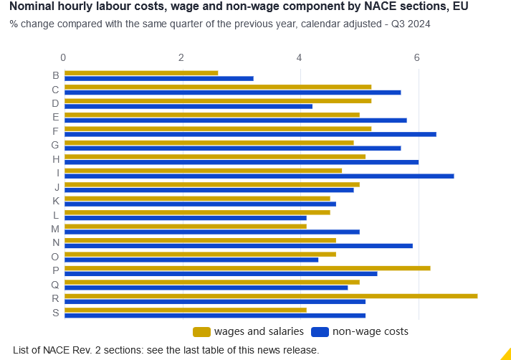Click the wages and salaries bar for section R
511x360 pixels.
point(271,295)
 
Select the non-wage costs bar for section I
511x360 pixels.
point(259,176)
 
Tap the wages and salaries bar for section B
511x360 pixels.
point(141,72)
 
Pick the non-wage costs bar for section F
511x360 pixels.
point(250,134)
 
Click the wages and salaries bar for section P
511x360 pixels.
point(247,267)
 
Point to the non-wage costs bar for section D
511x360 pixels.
point(188,106)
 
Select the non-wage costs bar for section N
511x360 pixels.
point(239,245)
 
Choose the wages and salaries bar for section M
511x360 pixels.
point(186,226)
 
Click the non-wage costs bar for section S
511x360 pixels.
point(215,315)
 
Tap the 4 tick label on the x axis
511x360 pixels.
point(299,57)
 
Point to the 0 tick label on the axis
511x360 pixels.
point(64,57)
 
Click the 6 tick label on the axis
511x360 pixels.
point(417,57)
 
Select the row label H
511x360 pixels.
point(55,158)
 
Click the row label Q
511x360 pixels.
point(55,283)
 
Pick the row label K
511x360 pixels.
point(55,200)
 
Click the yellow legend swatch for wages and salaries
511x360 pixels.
point(201,331)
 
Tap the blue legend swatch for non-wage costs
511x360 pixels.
point(320,331)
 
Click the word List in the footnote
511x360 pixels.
point(22,350)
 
